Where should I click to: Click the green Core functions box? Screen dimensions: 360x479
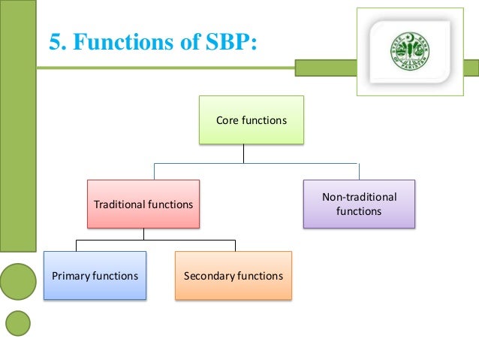(x=251, y=119)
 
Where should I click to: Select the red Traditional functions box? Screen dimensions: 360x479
(x=143, y=204)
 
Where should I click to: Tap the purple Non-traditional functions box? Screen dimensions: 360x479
(x=359, y=204)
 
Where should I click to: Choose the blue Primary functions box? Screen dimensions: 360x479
(x=95, y=276)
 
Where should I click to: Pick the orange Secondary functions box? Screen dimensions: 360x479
(x=233, y=276)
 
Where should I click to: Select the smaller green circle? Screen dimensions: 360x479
(x=18, y=323)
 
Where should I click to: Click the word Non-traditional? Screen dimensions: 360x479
(x=359, y=197)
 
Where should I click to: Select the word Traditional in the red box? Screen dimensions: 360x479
(x=119, y=204)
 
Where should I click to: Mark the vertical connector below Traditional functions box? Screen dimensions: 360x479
(x=144, y=234)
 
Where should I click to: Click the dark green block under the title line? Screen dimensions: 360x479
(x=325, y=68)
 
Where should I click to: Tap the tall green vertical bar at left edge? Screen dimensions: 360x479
(x=18, y=128)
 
